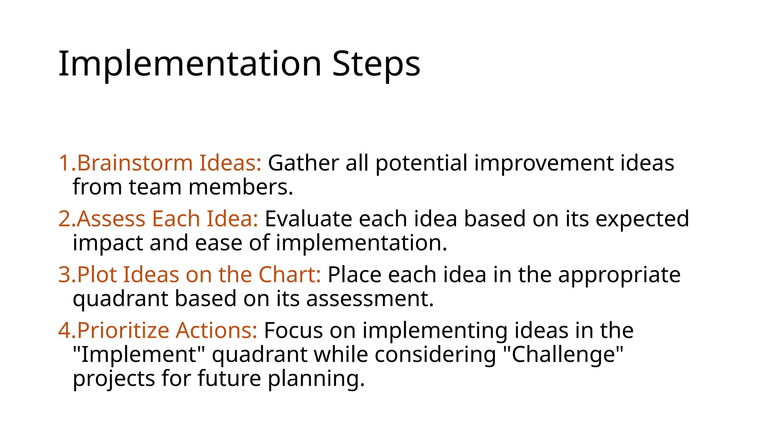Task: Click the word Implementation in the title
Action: (x=190, y=64)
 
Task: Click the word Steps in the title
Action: (x=376, y=64)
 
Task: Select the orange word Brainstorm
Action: (x=135, y=163)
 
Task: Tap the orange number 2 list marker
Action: (x=65, y=219)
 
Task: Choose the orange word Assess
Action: (x=111, y=219)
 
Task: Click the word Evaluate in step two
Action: (x=308, y=219)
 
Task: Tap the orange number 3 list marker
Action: (x=65, y=275)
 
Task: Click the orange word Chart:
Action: (x=289, y=275)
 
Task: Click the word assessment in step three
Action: (x=370, y=299)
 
